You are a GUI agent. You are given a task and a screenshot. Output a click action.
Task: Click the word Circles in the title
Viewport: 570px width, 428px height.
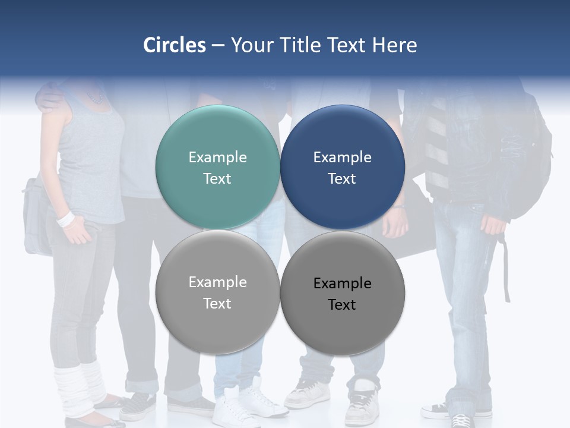[x=174, y=45]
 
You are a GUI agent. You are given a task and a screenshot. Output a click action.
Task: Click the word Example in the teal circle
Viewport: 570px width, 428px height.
[x=217, y=158]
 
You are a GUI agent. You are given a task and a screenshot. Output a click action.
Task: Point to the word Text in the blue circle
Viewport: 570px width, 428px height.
[x=342, y=179]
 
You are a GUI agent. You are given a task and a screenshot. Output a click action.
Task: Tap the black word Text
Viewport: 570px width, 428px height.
[x=342, y=305]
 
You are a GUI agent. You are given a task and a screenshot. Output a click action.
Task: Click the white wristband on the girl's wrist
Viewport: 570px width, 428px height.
[x=65, y=219]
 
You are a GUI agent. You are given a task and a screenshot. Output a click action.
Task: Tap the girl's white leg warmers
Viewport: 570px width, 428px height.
[x=77, y=389]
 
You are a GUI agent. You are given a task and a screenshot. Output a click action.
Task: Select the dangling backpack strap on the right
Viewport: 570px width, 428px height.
[x=506, y=267]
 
